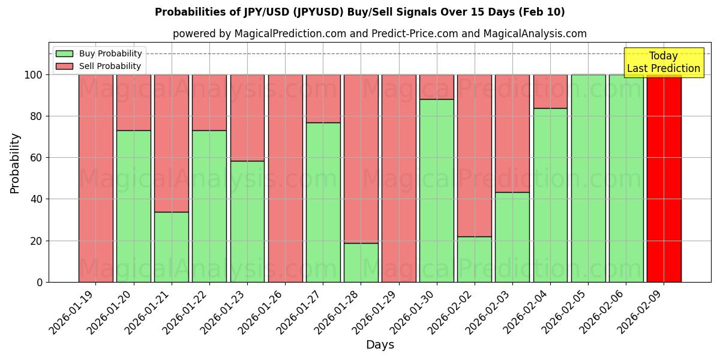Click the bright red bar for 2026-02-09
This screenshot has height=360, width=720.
(664, 178)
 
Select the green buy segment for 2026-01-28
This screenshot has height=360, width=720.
(361, 262)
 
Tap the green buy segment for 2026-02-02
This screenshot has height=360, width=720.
(475, 259)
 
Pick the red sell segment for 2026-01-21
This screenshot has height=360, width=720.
(172, 143)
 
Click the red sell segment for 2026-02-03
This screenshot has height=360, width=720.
(512, 133)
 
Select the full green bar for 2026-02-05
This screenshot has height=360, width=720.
(588, 178)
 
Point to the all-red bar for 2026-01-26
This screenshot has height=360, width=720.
(285, 178)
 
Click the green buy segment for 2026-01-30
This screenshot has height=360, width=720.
(437, 190)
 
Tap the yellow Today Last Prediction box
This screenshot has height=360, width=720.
(663, 62)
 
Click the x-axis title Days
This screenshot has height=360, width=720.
(380, 345)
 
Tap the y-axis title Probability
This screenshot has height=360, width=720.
(15, 163)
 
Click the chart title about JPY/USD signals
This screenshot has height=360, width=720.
(359, 12)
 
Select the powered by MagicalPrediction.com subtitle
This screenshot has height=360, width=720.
(379, 34)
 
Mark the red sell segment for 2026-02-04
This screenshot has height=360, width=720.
(550, 91)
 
